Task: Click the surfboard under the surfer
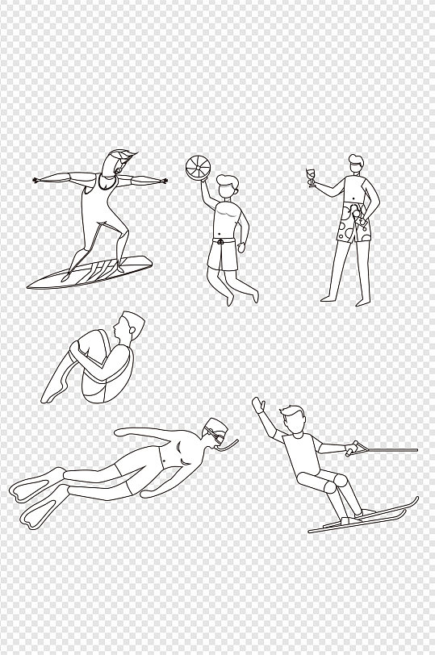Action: click(x=88, y=272)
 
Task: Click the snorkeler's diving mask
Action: click(x=215, y=436)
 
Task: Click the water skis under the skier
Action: click(x=363, y=516)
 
